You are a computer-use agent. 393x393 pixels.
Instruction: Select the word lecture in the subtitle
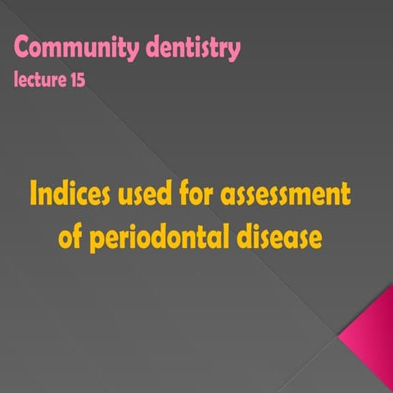tap(39, 80)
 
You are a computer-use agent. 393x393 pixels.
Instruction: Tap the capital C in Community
tap(22, 48)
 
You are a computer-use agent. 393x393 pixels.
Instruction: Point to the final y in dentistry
tap(234, 52)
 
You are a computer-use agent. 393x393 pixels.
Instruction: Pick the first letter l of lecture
tap(16, 80)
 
